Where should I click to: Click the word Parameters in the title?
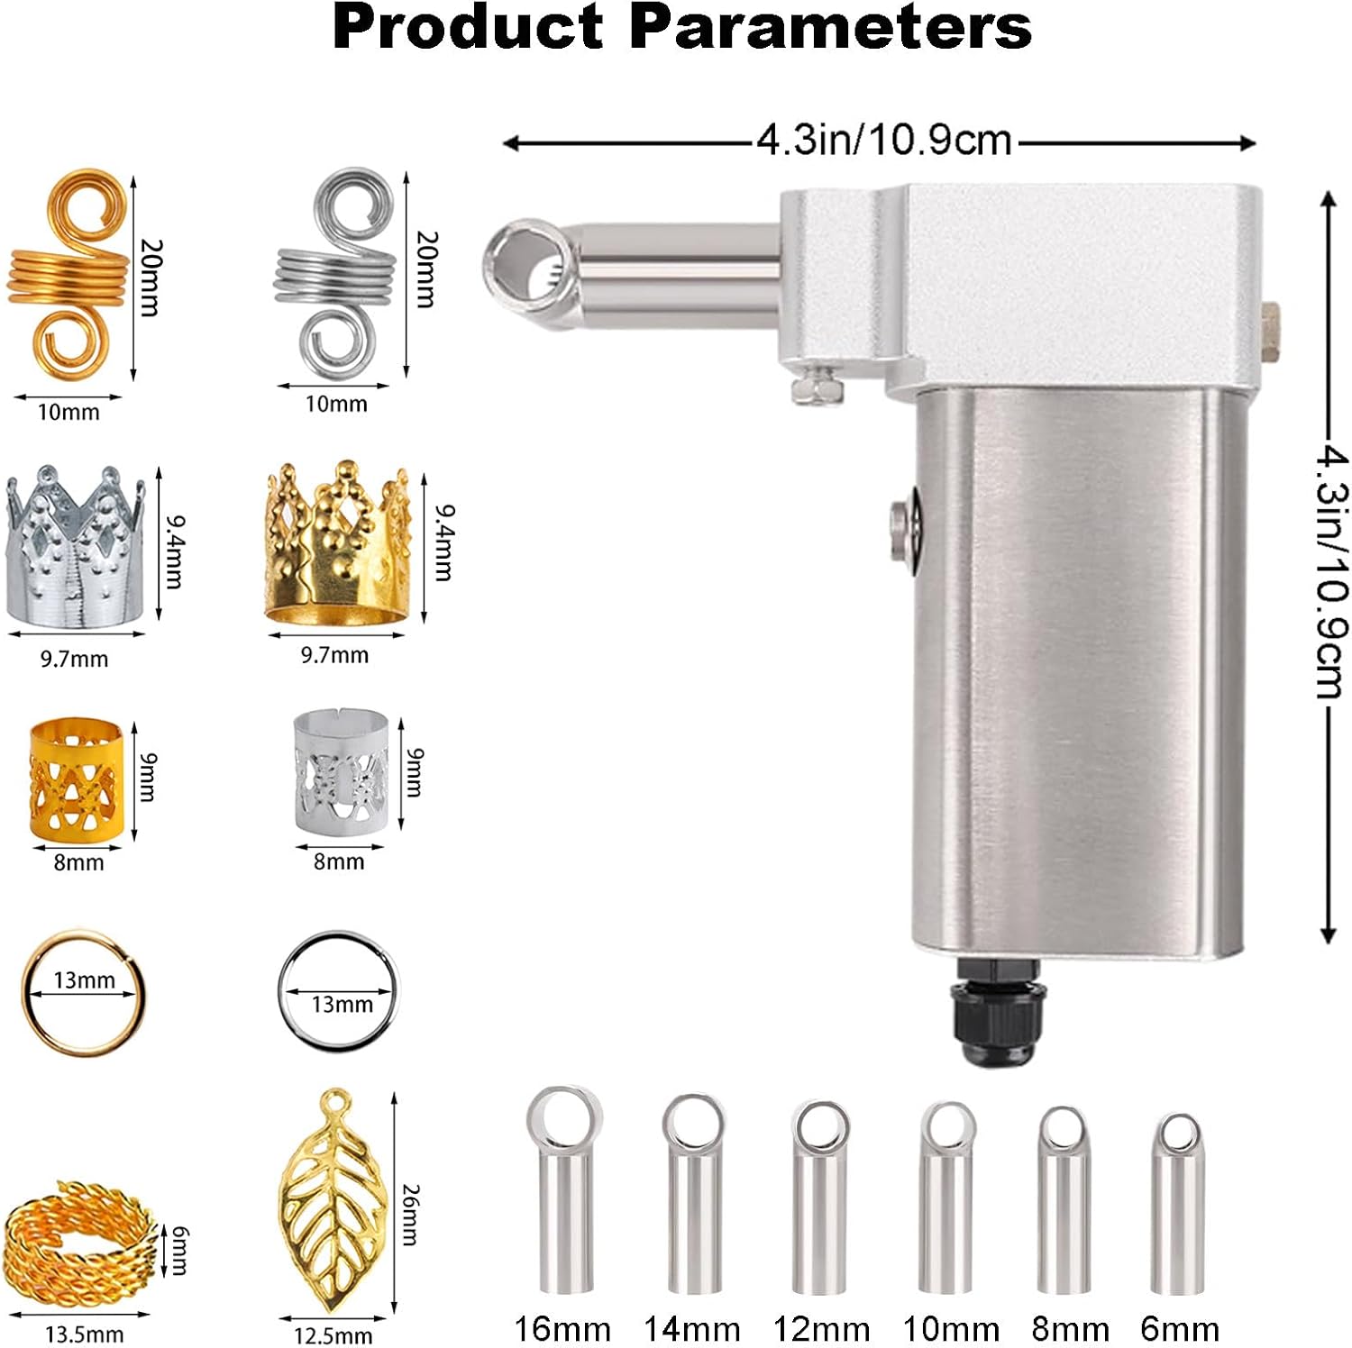[x=830, y=27]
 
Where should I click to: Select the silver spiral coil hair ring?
[x=335, y=270]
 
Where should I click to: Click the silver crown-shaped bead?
[x=76, y=546]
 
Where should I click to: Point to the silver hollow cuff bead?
[x=342, y=772]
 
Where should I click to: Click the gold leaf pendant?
[x=333, y=1198]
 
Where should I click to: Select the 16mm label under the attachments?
[x=562, y=1329]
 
